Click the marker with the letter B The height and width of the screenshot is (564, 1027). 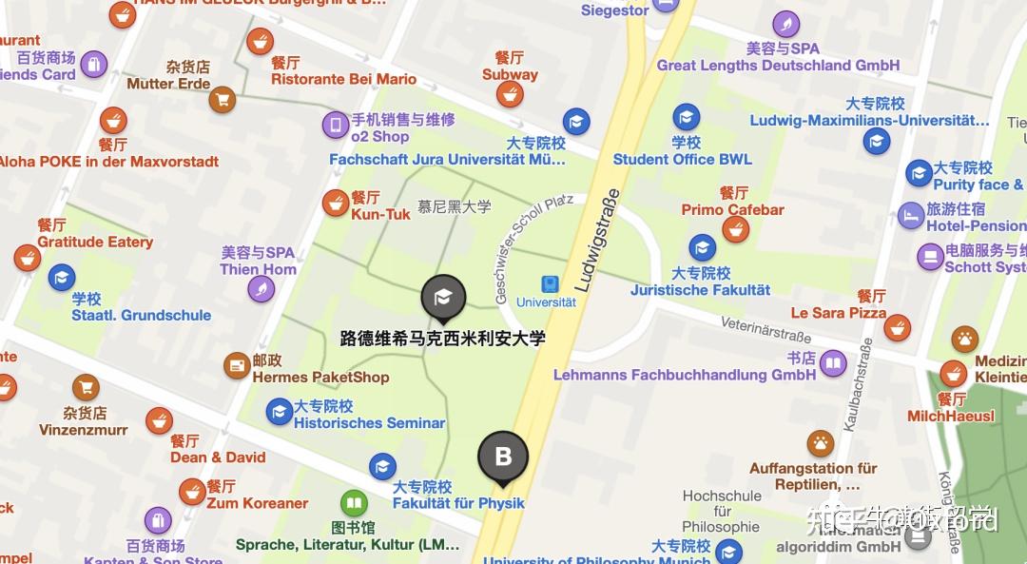(503, 456)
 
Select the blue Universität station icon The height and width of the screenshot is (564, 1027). (549, 284)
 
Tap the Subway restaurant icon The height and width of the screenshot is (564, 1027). (511, 93)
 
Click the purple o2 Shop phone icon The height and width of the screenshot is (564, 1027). (335, 125)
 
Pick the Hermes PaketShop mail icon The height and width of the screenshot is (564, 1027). (237, 364)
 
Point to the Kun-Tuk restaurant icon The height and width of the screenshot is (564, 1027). (336, 202)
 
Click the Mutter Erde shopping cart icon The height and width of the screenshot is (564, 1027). (223, 99)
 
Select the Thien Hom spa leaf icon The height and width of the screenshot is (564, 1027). (261, 288)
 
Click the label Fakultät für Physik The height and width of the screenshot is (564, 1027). (458, 503)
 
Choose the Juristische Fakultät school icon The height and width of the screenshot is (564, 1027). (702, 248)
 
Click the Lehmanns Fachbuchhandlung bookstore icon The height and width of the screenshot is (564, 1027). (833, 362)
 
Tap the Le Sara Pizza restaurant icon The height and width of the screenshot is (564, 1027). (897, 328)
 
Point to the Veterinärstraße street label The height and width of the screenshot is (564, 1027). (765, 329)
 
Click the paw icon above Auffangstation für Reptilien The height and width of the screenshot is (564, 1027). (820, 442)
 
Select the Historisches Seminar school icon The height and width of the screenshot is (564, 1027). (279, 411)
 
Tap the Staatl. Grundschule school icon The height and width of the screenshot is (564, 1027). (62, 278)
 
